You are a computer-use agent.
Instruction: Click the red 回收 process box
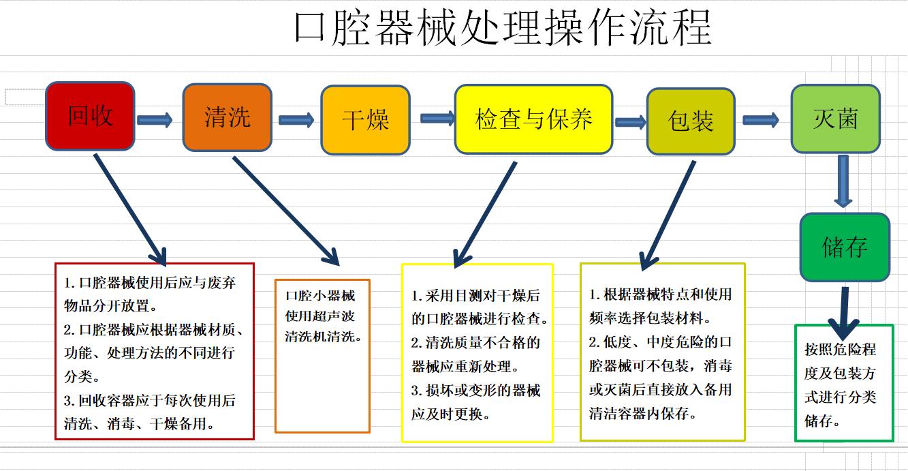click(90, 116)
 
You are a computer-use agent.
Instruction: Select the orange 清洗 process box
click(227, 118)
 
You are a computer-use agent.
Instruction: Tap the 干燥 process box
click(365, 120)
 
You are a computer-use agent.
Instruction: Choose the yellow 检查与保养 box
click(533, 119)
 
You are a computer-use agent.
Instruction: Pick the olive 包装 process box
click(691, 121)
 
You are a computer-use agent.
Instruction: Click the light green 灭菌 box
click(835, 119)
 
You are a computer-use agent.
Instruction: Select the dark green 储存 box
click(845, 247)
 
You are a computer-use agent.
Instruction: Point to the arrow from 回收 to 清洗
click(155, 120)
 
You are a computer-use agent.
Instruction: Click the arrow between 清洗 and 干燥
click(296, 120)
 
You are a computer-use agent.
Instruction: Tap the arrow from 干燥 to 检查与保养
click(437, 119)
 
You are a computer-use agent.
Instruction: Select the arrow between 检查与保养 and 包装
click(630, 122)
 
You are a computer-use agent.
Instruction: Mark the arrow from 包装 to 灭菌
click(761, 120)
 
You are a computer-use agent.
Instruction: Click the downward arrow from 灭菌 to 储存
click(843, 181)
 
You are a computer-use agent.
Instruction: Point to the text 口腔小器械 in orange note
click(320, 295)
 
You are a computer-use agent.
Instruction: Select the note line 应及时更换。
click(451, 414)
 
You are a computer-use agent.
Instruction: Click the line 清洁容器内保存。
click(643, 413)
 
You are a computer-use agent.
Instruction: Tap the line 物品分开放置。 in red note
click(110, 305)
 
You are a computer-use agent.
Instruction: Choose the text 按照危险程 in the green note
click(841, 349)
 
